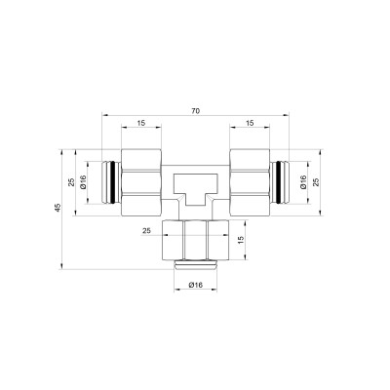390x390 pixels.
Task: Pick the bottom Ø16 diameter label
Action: pyautogui.click(x=194, y=285)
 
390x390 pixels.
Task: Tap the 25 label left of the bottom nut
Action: pyautogui.click(x=146, y=232)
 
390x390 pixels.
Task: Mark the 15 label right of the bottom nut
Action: pyautogui.click(x=243, y=240)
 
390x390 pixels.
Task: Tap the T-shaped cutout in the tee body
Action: pyautogui.click(x=194, y=184)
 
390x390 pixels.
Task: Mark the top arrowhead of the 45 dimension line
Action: pyautogui.click(x=60, y=151)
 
